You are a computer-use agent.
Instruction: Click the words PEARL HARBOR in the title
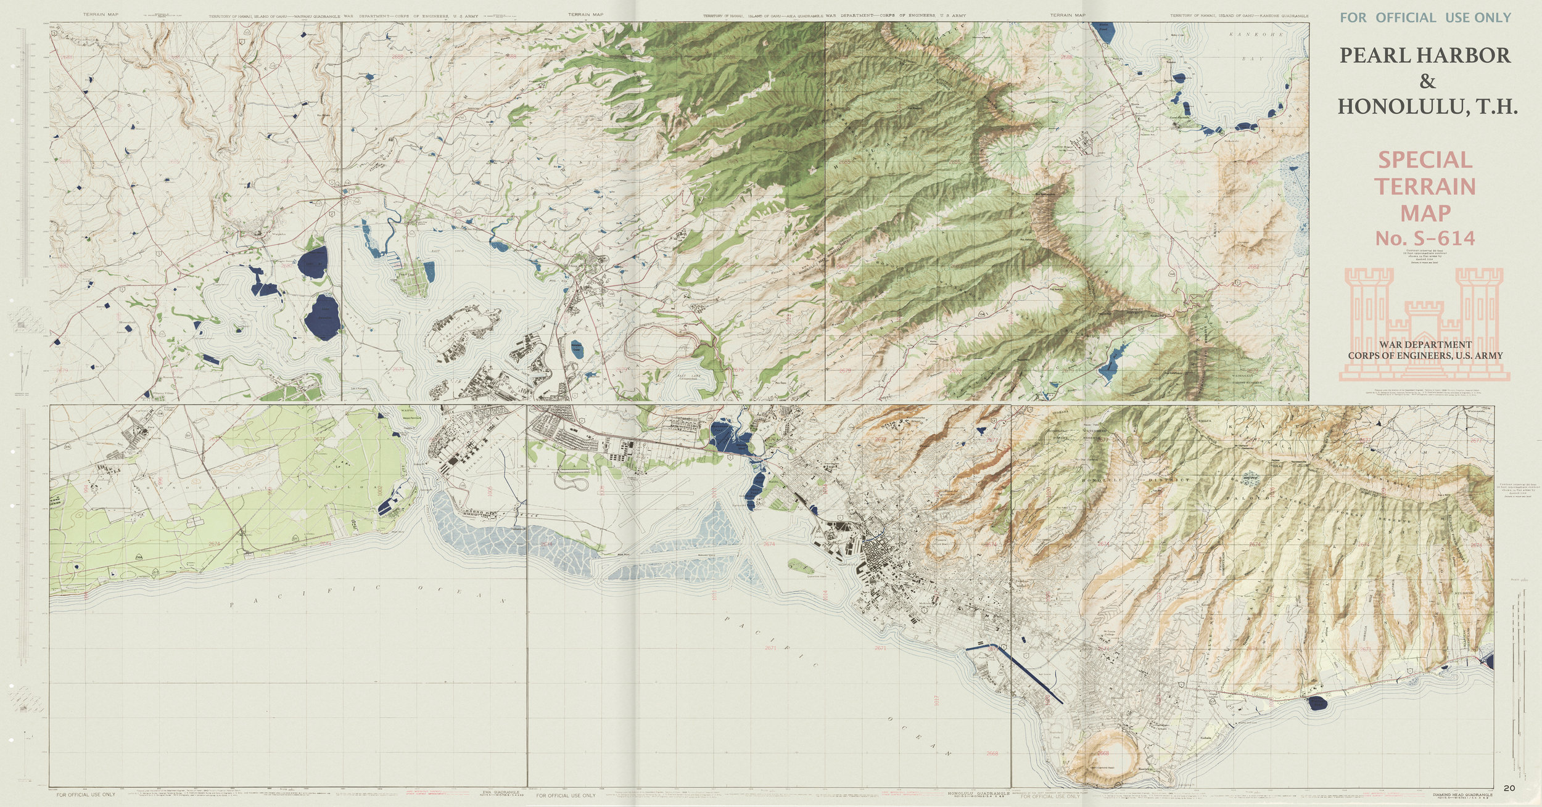point(1425,55)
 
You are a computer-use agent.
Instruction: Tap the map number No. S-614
point(1425,238)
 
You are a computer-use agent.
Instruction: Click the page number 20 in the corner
point(1509,788)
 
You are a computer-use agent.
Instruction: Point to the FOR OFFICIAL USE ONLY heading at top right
point(1425,17)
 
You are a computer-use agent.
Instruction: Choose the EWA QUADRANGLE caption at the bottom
point(501,791)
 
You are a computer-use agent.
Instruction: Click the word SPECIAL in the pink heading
point(1425,160)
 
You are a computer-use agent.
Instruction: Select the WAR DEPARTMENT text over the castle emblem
point(1425,345)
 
